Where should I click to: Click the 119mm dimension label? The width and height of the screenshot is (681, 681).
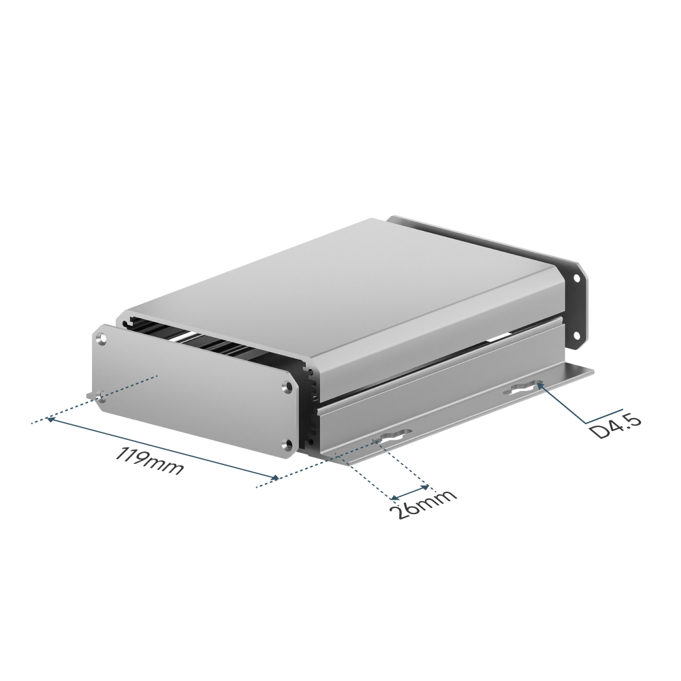(x=149, y=460)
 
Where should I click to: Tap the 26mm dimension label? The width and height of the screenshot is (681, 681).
(x=424, y=507)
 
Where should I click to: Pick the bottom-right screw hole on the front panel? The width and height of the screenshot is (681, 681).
(x=287, y=443)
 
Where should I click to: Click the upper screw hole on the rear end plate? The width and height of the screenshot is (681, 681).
(x=577, y=277)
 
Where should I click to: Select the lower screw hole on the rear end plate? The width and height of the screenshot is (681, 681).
(x=577, y=334)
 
